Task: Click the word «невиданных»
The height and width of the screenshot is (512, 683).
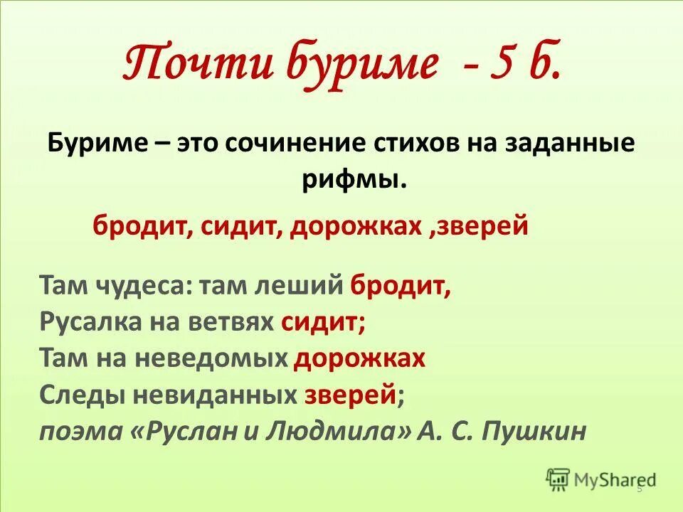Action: [210, 393]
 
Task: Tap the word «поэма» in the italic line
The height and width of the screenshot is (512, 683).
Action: [80, 430]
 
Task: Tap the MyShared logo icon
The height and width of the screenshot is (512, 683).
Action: [558, 479]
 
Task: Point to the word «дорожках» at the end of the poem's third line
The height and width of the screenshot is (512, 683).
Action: [359, 358]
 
